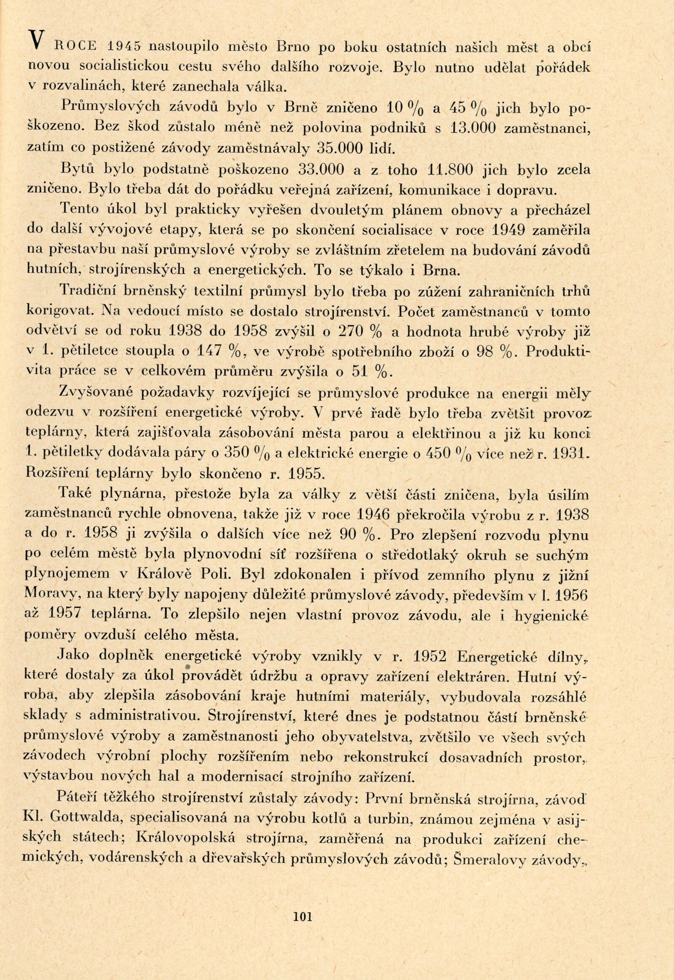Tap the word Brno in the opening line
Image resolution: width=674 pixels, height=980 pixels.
(x=294, y=47)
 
